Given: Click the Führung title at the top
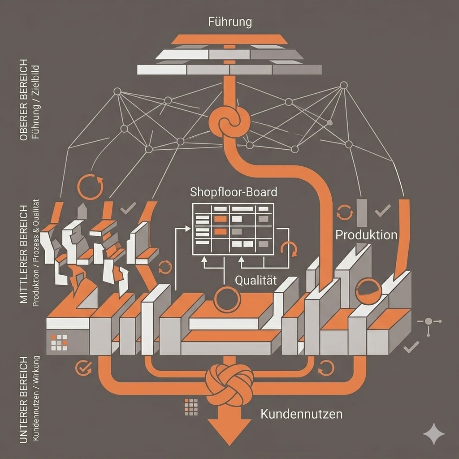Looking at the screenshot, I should click(x=230, y=21).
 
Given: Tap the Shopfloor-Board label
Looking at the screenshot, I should click(x=234, y=192).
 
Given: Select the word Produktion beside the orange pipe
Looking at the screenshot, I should click(x=366, y=234).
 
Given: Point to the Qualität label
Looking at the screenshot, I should click(x=255, y=280).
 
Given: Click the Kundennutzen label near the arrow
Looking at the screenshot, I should click(x=301, y=413).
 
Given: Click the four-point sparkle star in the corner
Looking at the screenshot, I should click(x=433, y=434).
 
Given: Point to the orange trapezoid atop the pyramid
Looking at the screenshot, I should click(x=229, y=39).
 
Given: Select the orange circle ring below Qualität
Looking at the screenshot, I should click(x=227, y=299).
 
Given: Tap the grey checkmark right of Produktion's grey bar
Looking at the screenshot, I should click(x=382, y=210).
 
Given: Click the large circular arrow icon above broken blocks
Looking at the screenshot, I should click(x=90, y=186).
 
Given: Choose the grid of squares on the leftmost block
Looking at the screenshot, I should click(x=59, y=342).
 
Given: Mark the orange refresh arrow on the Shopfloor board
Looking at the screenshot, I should click(x=288, y=249).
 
